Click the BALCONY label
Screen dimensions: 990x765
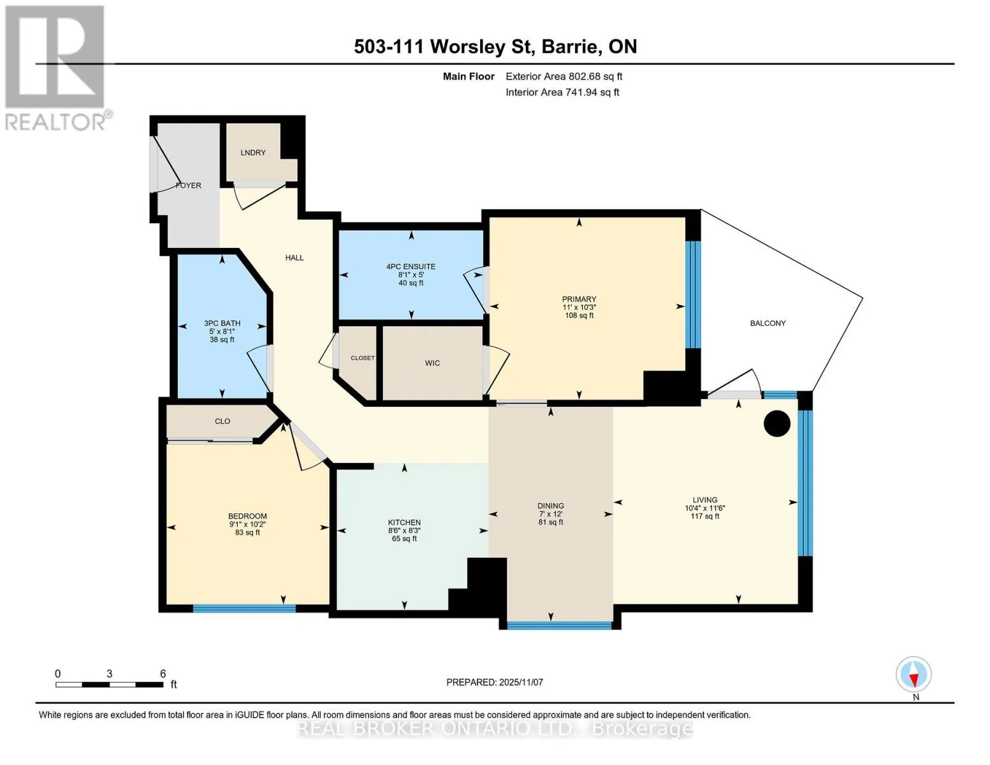[x=768, y=323]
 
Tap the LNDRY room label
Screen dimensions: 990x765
[x=253, y=152]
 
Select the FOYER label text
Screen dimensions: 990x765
[x=188, y=186]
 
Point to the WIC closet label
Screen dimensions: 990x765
[x=432, y=363]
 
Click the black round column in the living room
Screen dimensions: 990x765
[x=777, y=423]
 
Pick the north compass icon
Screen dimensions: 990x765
[x=914, y=674]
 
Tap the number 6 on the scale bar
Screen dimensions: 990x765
[x=163, y=673]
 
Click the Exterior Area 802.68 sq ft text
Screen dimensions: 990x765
[x=564, y=76]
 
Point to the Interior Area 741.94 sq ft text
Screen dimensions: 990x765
[x=562, y=92]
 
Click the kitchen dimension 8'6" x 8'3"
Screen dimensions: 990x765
[x=404, y=531]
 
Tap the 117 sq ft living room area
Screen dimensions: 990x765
[x=705, y=516]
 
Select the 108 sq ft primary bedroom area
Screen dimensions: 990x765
[x=579, y=316]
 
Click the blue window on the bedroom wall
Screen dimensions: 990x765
[x=244, y=608]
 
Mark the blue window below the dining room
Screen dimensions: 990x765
[x=559, y=625]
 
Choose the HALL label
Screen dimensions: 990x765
[x=295, y=258]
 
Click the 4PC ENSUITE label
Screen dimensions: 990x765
[x=411, y=266]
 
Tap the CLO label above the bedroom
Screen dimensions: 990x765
[x=222, y=421]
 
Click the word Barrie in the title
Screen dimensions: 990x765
[x=570, y=47]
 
